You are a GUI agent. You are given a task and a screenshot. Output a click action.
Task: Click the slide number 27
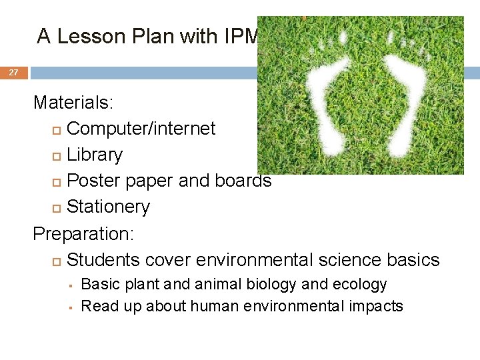pos(13,73)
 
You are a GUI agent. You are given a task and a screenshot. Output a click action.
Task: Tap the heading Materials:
pos(73,103)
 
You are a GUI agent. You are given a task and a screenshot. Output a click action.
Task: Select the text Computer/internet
pos(141,128)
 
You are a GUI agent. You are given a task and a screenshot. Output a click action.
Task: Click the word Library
pos(95,155)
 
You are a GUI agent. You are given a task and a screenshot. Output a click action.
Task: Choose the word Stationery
pos(109,207)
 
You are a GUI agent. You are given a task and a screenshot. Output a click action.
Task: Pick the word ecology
pos(360,285)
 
